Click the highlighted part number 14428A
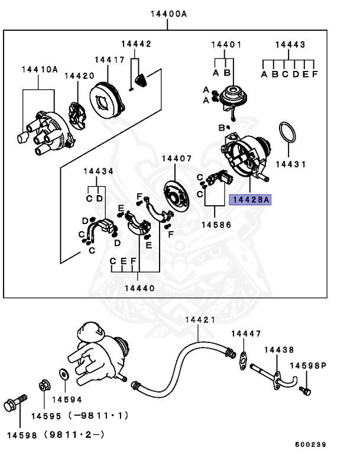[249, 200]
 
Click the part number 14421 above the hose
[200, 319]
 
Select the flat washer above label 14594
[63, 375]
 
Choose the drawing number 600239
[310, 445]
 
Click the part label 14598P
[312, 366]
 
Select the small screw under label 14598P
[304, 390]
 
